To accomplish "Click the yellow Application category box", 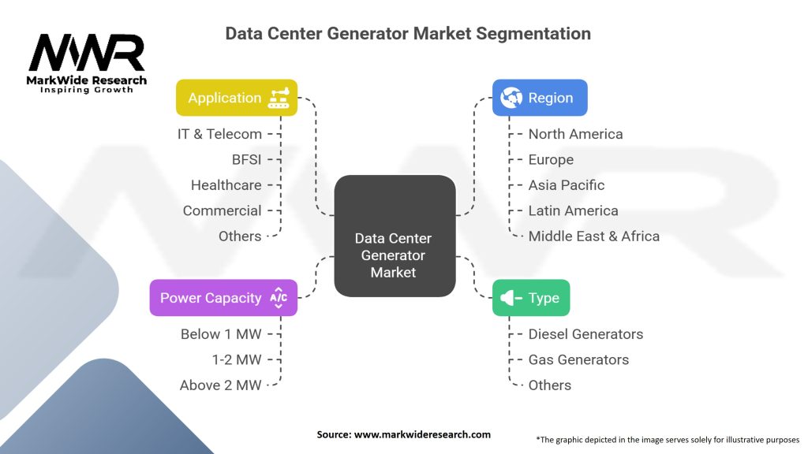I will click(x=236, y=98).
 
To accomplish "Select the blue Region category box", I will click(x=540, y=98).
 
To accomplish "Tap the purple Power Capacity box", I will click(x=223, y=298).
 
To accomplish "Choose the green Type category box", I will click(x=530, y=298).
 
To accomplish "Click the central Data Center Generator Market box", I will click(x=394, y=255).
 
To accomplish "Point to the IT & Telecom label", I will click(x=219, y=134).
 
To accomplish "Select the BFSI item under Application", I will click(x=246, y=159).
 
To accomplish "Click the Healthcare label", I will click(x=226, y=185).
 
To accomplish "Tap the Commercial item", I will click(x=222, y=210).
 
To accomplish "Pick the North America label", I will click(x=575, y=134).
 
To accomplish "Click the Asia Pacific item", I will click(x=566, y=185).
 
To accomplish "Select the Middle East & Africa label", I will click(x=593, y=236).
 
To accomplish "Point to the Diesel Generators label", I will click(x=585, y=334).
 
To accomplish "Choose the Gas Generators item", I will click(x=578, y=359).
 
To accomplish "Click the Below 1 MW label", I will click(x=220, y=334).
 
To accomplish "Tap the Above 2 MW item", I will click(x=220, y=385).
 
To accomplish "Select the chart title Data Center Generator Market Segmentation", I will click(x=408, y=33).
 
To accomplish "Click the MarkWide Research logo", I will click(x=87, y=63).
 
